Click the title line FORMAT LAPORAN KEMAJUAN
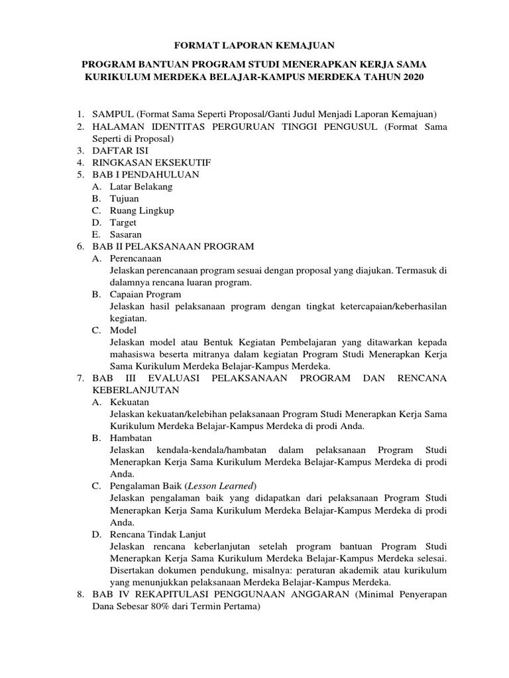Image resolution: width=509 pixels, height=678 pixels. (x=254, y=45)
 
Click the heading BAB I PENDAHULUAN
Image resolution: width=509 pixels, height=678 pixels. (x=146, y=175)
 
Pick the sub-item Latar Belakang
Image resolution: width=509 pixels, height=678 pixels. (x=141, y=187)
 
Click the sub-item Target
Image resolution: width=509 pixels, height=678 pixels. (x=123, y=222)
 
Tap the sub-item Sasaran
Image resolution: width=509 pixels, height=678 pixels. (x=125, y=234)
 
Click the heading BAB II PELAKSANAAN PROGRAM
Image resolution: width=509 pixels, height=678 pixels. (x=173, y=246)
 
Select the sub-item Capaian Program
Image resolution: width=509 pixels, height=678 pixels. (x=145, y=294)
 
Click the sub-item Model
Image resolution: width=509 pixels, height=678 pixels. (x=123, y=330)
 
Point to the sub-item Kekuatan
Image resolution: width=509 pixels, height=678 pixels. (x=129, y=402)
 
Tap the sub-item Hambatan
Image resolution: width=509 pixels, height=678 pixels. (x=131, y=438)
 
